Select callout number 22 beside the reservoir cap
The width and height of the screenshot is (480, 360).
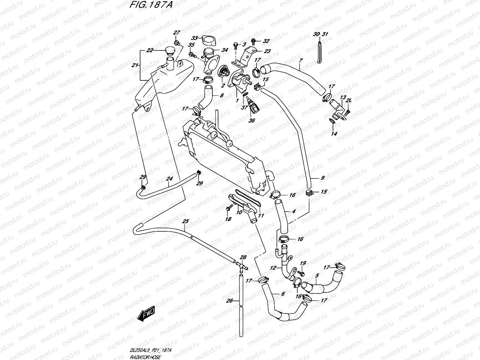coord(150,50)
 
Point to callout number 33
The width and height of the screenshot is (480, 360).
coord(195,38)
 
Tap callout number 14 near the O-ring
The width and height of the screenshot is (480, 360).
coord(334,134)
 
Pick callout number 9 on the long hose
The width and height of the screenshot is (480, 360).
coord(322,178)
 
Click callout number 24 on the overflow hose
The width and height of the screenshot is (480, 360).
coord(169,179)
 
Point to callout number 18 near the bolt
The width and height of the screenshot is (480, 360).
coord(228,219)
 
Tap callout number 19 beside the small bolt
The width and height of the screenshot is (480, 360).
coord(303,263)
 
